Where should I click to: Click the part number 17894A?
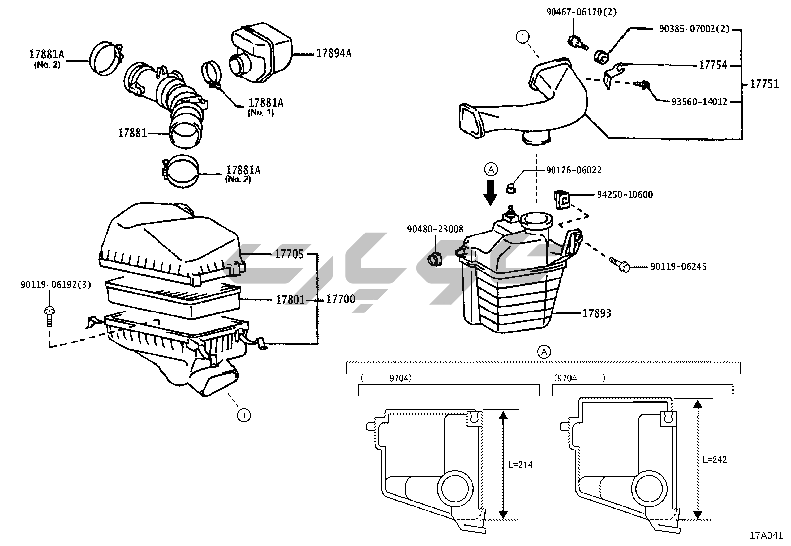(334, 53)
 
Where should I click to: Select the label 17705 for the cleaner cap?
(289, 254)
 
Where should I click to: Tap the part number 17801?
(290, 300)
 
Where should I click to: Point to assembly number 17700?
(340, 299)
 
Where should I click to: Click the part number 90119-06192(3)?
(56, 284)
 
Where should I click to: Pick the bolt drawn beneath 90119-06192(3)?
(50, 316)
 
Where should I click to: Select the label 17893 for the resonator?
(596, 313)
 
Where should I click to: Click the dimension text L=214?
(520, 465)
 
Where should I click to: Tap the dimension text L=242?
(714, 460)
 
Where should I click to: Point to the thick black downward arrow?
(490, 193)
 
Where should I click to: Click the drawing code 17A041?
(766, 536)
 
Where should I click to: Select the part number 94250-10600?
(625, 195)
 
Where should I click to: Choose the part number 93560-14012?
(700, 102)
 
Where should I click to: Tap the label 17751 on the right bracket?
(764, 84)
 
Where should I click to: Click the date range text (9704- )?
(579, 378)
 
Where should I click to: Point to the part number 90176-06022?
(574, 170)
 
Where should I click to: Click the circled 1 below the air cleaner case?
(244, 415)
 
